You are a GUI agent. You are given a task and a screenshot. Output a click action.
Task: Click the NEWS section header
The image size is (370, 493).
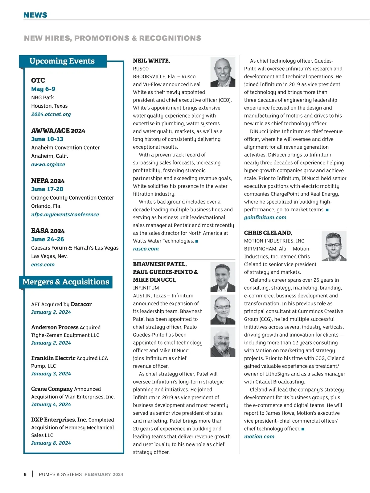click(x=35, y=15)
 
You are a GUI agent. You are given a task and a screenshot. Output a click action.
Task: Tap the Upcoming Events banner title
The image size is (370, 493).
click(x=62, y=61)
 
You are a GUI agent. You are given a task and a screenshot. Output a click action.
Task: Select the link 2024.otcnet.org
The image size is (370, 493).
click(x=51, y=114)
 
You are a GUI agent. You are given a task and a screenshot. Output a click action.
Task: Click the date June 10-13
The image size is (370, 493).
click(x=47, y=139)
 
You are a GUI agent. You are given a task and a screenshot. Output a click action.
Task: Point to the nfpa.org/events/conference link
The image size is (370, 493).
click(x=65, y=214)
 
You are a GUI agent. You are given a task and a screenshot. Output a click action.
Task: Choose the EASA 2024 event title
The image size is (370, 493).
click(x=48, y=231)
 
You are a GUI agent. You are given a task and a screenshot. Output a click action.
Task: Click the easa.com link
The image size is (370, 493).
click(x=43, y=264)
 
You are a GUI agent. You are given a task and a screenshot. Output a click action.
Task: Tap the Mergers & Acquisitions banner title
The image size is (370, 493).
click(x=66, y=282)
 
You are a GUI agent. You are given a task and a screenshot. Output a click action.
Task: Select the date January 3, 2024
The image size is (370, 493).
click(x=51, y=374)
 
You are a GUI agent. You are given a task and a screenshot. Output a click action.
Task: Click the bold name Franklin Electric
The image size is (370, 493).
click(x=53, y=358)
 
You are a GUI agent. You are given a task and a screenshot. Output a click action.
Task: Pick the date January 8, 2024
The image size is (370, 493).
click(x=51, y=443)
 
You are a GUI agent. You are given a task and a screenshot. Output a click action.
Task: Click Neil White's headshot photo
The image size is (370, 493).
click(x=223, y=72)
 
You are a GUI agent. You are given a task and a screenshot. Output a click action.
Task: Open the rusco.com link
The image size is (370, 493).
click(x=146, y=249)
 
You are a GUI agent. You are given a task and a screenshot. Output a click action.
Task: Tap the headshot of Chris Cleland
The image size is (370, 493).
click(x=334, y=246)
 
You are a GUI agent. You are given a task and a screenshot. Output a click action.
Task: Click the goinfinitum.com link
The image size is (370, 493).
click(x=265, y=217)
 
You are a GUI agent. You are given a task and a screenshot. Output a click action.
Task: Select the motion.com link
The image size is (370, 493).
click(x=259, y=437)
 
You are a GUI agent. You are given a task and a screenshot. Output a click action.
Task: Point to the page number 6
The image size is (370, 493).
click(x=25, y=474)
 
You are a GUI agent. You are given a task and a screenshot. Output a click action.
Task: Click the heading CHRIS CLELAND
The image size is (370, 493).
click(x=268, y=233)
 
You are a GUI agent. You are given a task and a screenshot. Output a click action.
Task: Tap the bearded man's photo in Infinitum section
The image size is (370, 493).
click(x=223, y=342)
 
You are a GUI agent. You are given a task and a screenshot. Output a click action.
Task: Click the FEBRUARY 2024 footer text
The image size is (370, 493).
click(x=104, y=474)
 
